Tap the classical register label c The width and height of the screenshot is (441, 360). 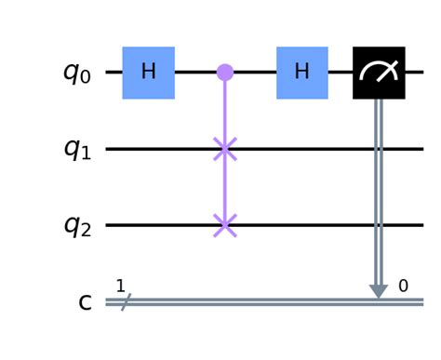pos(85,302)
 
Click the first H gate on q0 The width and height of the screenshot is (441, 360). pos(149,73)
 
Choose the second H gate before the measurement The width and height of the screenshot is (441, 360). pos(302,73)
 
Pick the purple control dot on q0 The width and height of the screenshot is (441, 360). pos(224,73)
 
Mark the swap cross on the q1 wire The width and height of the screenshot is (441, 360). pos(224,149)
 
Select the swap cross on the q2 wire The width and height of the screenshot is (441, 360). pos(224,225)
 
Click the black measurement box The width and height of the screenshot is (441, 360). pos(379,73)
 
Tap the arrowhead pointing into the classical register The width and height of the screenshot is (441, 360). pos(379,291)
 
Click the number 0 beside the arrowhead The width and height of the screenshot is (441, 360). pos(403,286)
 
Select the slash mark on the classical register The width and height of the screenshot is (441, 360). pos(122,301)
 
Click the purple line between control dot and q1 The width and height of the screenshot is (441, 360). pos(224,112)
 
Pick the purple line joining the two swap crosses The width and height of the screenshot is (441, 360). pos(224,187)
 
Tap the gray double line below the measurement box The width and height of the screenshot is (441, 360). pos(379,186)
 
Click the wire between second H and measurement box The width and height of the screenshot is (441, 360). pos(341,73)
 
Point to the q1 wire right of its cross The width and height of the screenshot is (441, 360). pos(326,149)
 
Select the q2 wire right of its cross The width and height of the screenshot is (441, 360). pos(326,225)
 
